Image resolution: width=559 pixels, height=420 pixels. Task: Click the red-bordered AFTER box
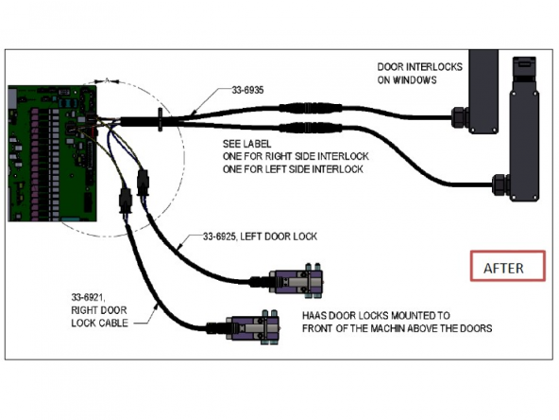point(508,266)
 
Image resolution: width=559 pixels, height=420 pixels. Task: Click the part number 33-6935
point(247,90)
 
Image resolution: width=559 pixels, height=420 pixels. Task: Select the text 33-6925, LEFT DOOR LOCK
point(261,236)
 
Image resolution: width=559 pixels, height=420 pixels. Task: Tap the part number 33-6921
point(88,297)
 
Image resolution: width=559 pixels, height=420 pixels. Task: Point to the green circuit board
point(53,153)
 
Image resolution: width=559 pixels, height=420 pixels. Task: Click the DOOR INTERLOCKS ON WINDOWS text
point(419,73)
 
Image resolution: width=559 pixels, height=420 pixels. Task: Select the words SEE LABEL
point(246,144)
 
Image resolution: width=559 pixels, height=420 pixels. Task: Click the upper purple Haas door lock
point(296,281)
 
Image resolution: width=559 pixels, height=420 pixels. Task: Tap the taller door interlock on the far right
point(524,129)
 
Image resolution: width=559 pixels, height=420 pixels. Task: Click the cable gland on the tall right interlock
point(500,184)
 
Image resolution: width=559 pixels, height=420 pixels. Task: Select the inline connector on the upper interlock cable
point(310,108)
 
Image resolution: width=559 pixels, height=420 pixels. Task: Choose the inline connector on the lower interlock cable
point(310,128)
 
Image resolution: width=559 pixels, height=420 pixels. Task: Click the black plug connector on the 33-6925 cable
point(143,183)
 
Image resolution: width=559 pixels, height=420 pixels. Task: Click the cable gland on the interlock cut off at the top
point(461,117)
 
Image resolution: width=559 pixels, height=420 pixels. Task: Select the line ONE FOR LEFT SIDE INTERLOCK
point(293,169)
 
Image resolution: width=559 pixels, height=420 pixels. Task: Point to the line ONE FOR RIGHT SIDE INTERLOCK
point(296,156)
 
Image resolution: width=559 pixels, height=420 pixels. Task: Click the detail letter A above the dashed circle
point(107,80)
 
